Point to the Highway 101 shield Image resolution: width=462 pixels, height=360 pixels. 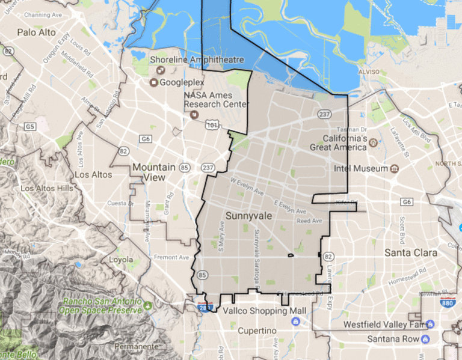(x=211, y=124)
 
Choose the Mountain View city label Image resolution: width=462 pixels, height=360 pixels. (x=154, y=172)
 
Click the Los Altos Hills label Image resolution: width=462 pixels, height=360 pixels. (x=46, y=188)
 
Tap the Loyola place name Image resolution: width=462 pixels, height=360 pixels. (x=120, y=260)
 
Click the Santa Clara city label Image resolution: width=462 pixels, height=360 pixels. (x=411, y=252)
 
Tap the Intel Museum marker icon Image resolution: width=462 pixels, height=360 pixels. (x=395, y=168)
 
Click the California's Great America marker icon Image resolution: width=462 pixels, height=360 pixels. (x=373, y=142)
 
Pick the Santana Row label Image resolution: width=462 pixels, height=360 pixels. (x=393, y=339)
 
